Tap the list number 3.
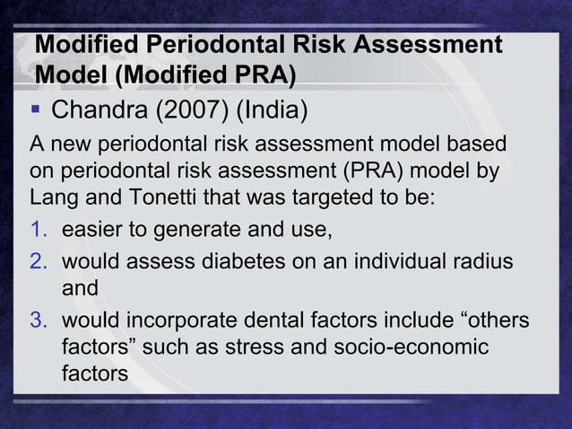39,320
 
